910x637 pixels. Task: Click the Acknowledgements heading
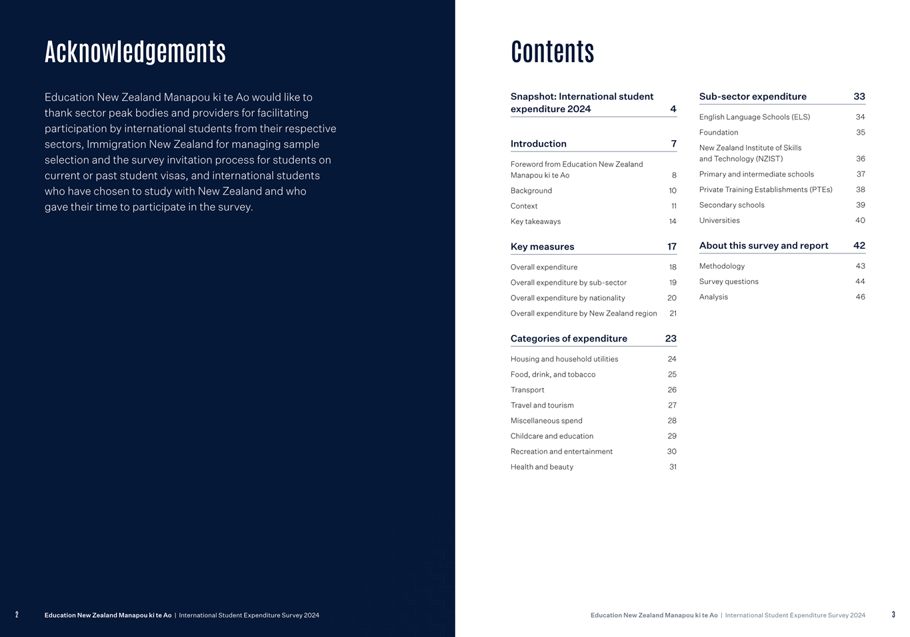135,52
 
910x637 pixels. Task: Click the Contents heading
552,52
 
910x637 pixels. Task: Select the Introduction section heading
538,144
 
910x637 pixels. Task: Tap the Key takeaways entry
535,221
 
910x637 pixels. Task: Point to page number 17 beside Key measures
672,247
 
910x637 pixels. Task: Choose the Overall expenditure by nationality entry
567,298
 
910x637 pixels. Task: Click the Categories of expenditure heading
569,339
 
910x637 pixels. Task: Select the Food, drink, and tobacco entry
553,375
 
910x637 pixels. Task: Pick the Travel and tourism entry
542,406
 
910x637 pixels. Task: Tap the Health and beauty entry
541,467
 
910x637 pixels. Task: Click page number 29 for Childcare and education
672,436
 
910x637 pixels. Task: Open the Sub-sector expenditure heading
753,97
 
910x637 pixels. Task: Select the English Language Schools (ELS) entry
755,117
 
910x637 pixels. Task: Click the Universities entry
719,221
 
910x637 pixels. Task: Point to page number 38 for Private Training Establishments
861,190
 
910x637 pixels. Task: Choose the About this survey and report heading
763,246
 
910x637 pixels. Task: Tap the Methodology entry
722,266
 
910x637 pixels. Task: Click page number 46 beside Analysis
861,297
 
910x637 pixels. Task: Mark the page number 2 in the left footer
17,615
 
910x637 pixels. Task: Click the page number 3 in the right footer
893,615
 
